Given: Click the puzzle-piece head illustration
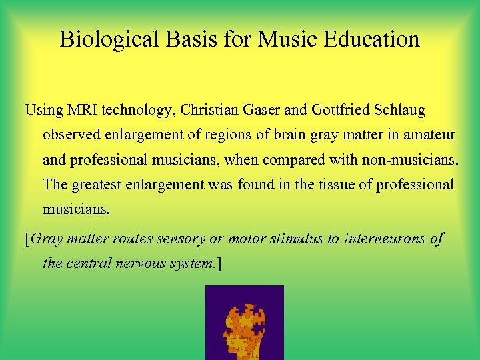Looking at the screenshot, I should (x=244, y=323).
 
